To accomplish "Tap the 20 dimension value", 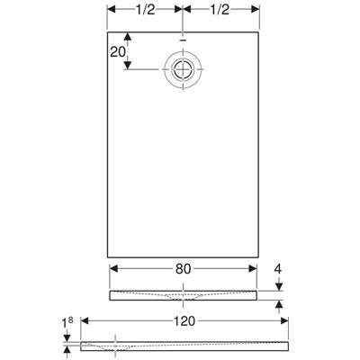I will click(x=116, y=52).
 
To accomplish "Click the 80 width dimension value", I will click(x=183, y=267).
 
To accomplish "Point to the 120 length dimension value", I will click(x=184, y=319).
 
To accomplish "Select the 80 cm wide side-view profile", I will click(x=183, y=294).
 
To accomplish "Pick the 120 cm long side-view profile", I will click(x=184, y=345).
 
